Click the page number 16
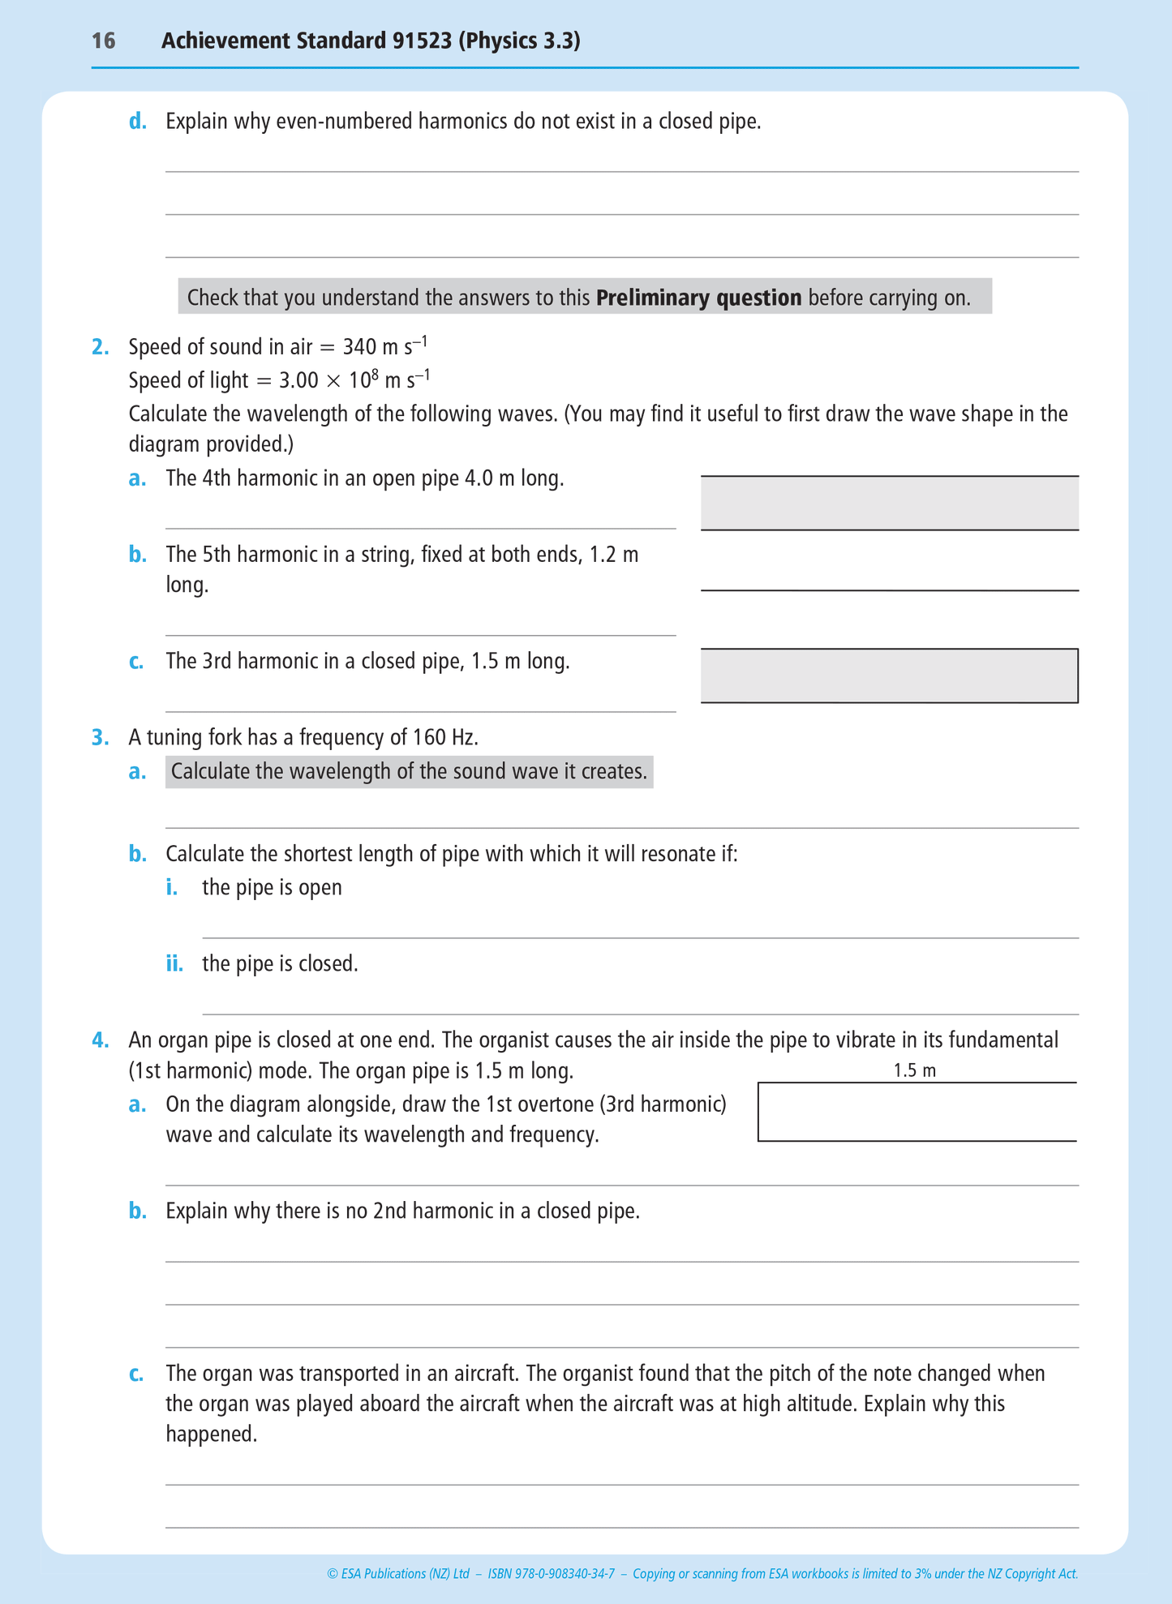103,41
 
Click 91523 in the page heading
422,41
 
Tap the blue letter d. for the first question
138,122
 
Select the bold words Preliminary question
698,298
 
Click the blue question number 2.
100,347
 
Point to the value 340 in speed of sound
359,347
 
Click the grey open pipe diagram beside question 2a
889,503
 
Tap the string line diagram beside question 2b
889,590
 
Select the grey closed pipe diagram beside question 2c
889,675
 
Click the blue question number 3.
100,737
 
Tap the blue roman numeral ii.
174,963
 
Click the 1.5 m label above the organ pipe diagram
914,1070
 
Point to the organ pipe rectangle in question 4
917,1112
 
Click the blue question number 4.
100,1040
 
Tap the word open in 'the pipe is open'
320,887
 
